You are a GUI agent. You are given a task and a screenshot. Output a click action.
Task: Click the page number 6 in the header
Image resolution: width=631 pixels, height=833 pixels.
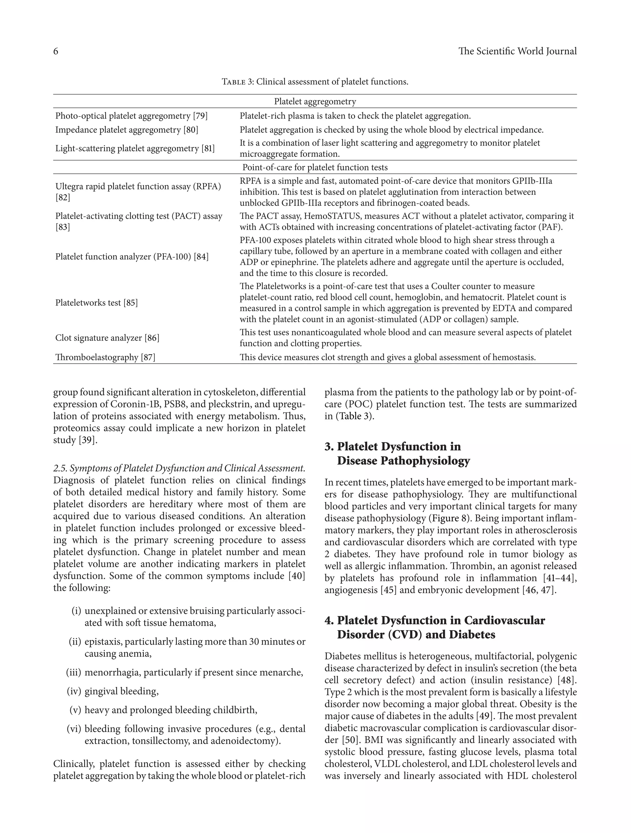pos(56,51)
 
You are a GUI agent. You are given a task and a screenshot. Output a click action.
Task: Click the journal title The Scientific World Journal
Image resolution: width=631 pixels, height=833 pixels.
pos(517,51)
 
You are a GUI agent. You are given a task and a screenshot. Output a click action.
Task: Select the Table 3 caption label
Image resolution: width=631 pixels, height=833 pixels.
pos(238,82)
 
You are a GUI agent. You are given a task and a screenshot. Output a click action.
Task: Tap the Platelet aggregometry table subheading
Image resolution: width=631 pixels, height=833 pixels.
pos(315,101)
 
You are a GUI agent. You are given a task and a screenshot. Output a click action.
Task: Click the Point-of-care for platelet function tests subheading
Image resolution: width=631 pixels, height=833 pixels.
pos(315,167)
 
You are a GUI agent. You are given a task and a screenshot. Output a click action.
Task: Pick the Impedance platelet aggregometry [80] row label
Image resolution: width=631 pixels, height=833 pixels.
pos(127,130)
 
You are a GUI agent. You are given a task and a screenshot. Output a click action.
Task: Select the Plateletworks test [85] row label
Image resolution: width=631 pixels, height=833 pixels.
pos(96,303)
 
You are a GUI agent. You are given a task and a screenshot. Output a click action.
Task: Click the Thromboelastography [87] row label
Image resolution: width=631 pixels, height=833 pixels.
pos(105,357)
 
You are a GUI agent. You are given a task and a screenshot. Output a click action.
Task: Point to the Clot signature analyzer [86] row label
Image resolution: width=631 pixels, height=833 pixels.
pos(107,338)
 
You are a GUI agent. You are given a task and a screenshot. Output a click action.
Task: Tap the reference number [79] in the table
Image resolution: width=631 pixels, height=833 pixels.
pos(200,116)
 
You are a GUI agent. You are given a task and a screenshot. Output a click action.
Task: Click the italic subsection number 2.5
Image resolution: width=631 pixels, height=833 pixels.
pos(60,468)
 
